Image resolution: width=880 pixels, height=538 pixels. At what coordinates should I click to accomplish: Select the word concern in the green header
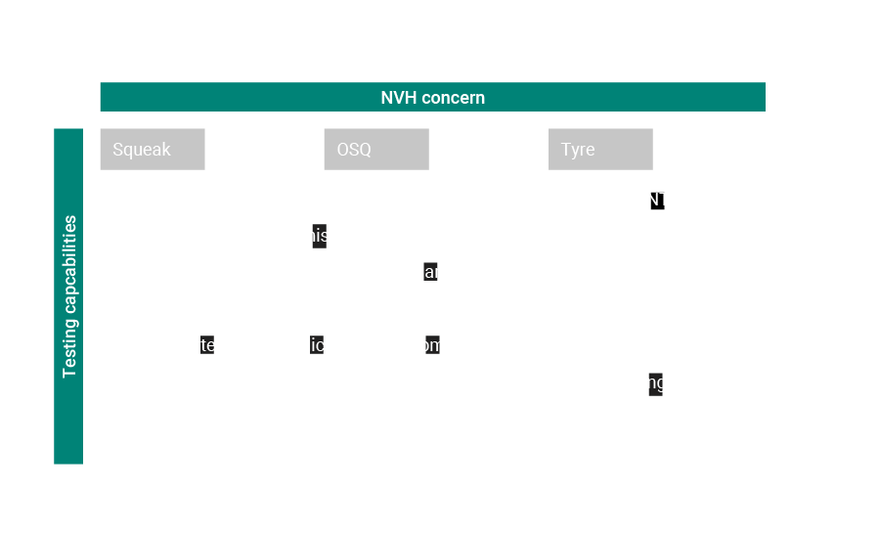point(453,98)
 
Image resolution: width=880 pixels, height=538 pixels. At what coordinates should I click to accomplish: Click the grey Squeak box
point(153,150)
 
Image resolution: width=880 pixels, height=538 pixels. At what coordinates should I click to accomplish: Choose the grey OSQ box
point(376,150)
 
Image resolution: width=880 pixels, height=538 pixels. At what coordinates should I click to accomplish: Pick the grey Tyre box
point(600,150)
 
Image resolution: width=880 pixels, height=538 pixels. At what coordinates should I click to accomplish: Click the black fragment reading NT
point(657,201)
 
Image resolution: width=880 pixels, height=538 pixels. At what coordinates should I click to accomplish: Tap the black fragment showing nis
point(319,236)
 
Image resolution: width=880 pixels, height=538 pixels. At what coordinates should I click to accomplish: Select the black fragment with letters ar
point(430,272)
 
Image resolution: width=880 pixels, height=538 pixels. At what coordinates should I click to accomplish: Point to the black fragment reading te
point(207,344)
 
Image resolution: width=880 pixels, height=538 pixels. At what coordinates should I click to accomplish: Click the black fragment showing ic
point(317,344)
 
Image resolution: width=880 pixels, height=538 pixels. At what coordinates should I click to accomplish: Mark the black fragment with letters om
point(432,344)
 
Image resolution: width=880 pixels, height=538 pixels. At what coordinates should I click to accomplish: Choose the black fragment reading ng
point(656,383)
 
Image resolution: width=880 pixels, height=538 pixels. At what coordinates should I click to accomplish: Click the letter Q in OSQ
point(365,150)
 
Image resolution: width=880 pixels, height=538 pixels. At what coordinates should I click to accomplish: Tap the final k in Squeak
point(166,150)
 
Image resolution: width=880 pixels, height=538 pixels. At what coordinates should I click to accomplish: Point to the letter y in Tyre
point(575,151)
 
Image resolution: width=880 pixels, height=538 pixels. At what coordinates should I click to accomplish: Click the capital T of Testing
point(69,373)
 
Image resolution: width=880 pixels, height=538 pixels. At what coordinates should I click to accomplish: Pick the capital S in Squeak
point(118,150)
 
